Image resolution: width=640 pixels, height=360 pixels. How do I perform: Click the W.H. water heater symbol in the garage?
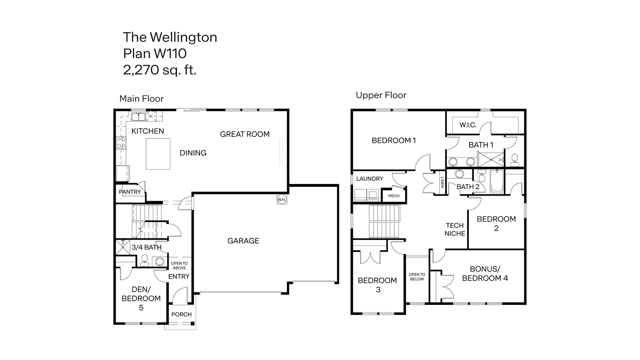[x=281, y=200]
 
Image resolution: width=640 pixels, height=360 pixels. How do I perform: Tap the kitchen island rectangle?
[x=158, y=154]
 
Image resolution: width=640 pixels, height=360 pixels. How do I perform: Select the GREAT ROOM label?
[x=245, y=134]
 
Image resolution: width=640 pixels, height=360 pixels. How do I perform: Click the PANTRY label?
[x=130, y=192]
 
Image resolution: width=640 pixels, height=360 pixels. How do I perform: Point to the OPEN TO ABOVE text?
[x=179, y=266]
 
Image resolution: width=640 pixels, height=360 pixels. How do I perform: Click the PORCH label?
[x=182, y=314]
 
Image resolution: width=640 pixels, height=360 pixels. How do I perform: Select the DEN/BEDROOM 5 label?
[x=141, y=298]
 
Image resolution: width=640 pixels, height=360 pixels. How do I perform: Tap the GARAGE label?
[x=243, y=241]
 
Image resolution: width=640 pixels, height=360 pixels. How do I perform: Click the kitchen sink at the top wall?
[x=138, y=117]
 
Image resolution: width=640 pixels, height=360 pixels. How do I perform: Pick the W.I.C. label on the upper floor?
[x=468, y=125]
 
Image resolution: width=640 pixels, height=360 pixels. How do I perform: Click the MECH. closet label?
[x=394, y=196]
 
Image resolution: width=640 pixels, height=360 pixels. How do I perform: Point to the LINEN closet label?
[x=442, y=182]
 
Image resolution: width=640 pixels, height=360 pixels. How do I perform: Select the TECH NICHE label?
[x=455, y=230]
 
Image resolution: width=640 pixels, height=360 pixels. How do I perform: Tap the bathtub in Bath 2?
[x=497, y=182]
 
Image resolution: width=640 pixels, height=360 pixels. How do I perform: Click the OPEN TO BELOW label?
[x=417, y=277]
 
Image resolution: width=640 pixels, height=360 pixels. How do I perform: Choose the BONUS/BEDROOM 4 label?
[x=485, y=274]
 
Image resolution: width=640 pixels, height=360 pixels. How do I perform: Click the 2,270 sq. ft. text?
[x=160, y=70]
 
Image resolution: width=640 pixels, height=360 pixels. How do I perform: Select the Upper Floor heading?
[x=381, y=95]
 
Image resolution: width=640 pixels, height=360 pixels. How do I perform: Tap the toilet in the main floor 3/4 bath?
[x=144, y=260]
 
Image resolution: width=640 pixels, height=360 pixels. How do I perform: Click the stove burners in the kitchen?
[x=121, y=143]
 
